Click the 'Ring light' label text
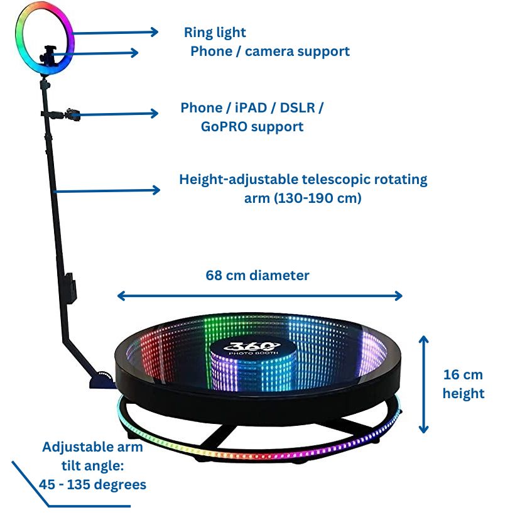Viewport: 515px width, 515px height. click(x=215, y=32)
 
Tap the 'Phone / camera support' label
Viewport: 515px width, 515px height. click(x=270, y=51)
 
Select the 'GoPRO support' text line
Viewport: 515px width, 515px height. click(x=252, y=127)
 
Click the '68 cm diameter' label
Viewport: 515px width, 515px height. click(x=257, y=275)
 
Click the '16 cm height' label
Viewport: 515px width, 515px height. click(x=463, y=384)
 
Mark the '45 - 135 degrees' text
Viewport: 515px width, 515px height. click(x=92, y=485)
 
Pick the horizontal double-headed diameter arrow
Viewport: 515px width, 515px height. click(x=259, y=296)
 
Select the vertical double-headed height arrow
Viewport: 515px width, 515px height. click(x=424, y=384)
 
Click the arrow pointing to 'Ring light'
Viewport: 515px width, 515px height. click(x=113, y=33)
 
